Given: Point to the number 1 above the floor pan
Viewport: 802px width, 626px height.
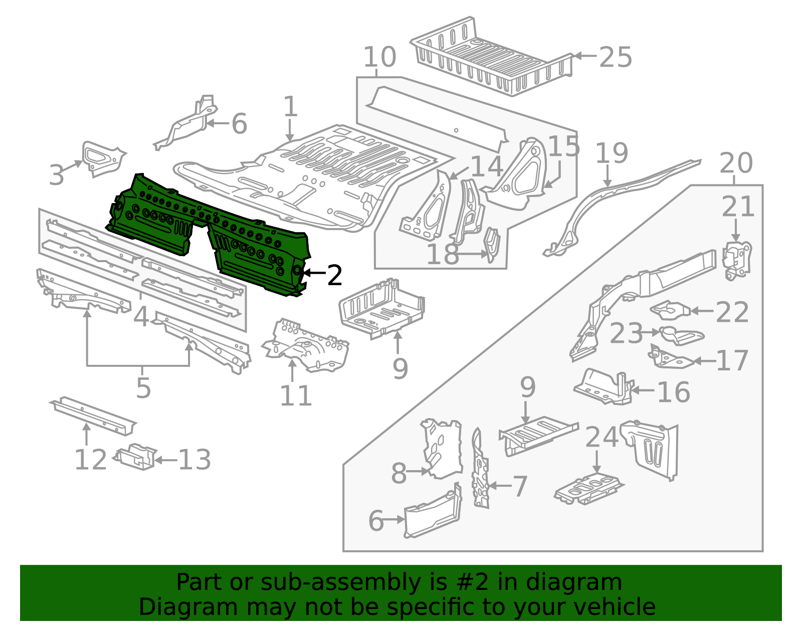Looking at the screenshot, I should click(290, 107).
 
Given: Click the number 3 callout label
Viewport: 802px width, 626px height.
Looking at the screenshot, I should click(57, 175).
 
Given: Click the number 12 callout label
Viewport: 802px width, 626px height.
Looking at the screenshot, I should click(91, 459).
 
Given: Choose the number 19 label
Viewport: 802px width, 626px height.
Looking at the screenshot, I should click(612, 153).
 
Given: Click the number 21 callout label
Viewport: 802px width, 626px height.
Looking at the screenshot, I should click(738, 206).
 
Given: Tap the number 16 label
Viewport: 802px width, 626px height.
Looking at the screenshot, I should click(673, 391).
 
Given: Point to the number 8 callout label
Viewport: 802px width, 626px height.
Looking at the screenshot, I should click(398, 473).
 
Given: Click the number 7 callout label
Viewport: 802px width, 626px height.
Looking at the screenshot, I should click(520, 486).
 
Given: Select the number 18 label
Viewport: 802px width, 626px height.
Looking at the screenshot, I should click(442, 254).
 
